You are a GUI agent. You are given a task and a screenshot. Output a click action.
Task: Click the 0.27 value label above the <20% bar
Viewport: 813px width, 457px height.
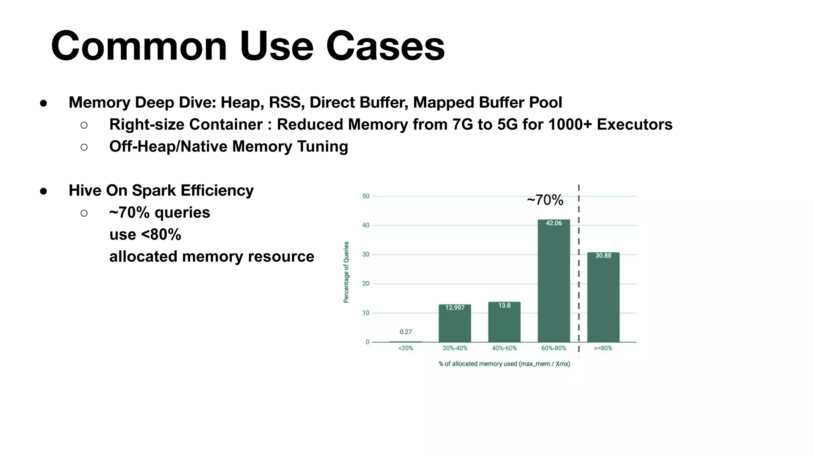pyautogui.click(x=406, y=332)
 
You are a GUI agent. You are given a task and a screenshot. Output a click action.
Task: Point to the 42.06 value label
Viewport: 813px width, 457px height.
pyautogui.click(x=554, y=223)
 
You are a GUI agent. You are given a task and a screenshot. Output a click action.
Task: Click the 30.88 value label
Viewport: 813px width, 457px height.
pyautogui.click(x=603, y=256)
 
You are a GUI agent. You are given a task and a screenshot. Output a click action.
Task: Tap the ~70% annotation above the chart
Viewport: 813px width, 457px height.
pyautogui.click(x=545, y=200)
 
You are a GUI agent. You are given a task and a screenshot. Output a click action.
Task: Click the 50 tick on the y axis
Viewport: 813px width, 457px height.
pyautogui.click(x=366, y=196)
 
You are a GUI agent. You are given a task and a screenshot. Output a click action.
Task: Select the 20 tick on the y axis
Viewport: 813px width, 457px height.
pyautogui.click(x=366, y=284)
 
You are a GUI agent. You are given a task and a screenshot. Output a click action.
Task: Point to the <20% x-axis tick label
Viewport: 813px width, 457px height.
pyautogui.click(x=406, y=348)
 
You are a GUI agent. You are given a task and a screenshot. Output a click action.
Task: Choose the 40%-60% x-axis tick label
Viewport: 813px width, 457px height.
pyautogui.click(x=504, y=348)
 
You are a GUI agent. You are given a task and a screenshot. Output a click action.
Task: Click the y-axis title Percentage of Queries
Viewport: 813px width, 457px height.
pyautogui.click(x=346, y=272)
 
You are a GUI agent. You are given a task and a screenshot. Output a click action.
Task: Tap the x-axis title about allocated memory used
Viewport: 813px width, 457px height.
pyautogui.click(x=504, y=364)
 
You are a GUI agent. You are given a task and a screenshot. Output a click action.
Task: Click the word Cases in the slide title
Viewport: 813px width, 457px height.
pyautogui.click(x=385, y=46)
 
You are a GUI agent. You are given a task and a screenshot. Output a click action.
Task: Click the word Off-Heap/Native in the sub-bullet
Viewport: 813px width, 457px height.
pyautogui.click(x=168, y=146)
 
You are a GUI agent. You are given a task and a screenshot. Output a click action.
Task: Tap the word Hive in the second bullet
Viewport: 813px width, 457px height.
pyautogui.click(x=85, y=190)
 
